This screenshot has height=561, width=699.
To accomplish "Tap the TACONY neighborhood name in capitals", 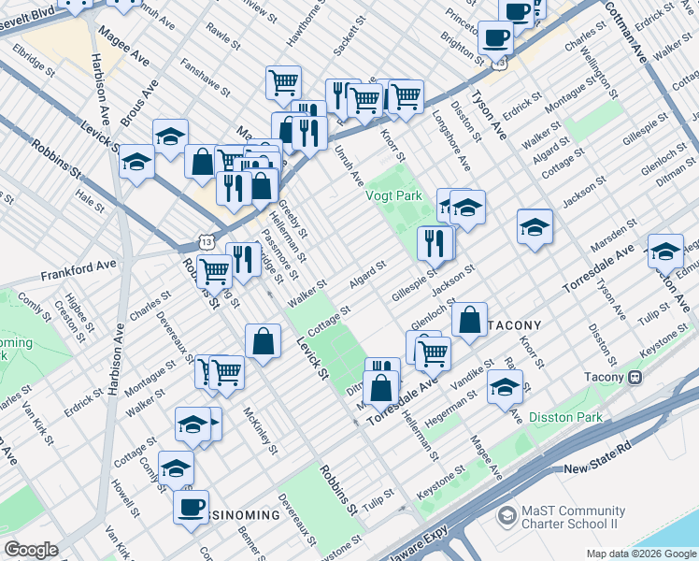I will (514, 324).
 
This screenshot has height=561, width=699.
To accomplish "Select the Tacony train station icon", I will (635, 377).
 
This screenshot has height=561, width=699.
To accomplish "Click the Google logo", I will (32, 550).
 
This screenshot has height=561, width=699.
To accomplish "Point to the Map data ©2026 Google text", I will (640, 554).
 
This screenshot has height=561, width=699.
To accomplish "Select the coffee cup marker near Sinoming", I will (192, 506).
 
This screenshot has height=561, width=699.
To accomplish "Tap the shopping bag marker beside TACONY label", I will (469, 318).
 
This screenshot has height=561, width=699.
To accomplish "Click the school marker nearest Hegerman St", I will (505, 386).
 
